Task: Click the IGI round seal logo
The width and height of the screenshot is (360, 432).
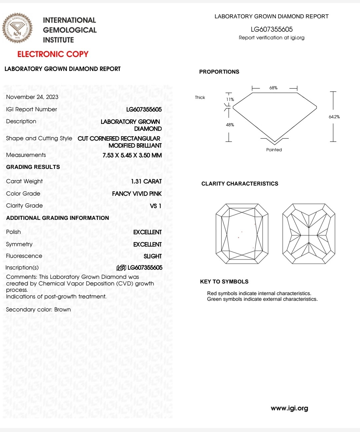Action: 17,28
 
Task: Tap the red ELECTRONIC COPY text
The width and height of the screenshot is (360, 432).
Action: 53,54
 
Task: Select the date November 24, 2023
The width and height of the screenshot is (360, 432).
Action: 32,97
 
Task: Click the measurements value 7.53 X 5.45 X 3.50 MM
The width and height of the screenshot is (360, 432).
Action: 132,155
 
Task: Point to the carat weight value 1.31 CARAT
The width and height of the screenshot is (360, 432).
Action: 146,182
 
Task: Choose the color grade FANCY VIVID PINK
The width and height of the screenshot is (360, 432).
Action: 137,194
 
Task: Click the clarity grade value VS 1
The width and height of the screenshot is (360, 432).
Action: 155,206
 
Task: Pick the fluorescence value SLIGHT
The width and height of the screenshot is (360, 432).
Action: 152,256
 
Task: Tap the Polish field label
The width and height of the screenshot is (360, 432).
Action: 13,232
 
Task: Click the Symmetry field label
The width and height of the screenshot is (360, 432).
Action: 19,244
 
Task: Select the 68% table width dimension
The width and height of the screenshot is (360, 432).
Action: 273,88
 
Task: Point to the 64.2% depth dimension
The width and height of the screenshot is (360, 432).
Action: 334,117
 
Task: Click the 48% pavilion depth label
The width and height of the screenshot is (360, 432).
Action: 230,125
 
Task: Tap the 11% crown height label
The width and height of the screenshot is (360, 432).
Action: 230,100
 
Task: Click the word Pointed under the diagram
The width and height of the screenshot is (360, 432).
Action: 274,150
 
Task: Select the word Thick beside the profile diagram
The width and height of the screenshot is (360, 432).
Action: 200,98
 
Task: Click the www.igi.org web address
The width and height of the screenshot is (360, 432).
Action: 289,408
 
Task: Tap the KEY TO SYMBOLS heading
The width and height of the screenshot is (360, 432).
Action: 224,282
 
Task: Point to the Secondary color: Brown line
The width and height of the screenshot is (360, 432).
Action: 38,310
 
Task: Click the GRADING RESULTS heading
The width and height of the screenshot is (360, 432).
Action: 33,167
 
